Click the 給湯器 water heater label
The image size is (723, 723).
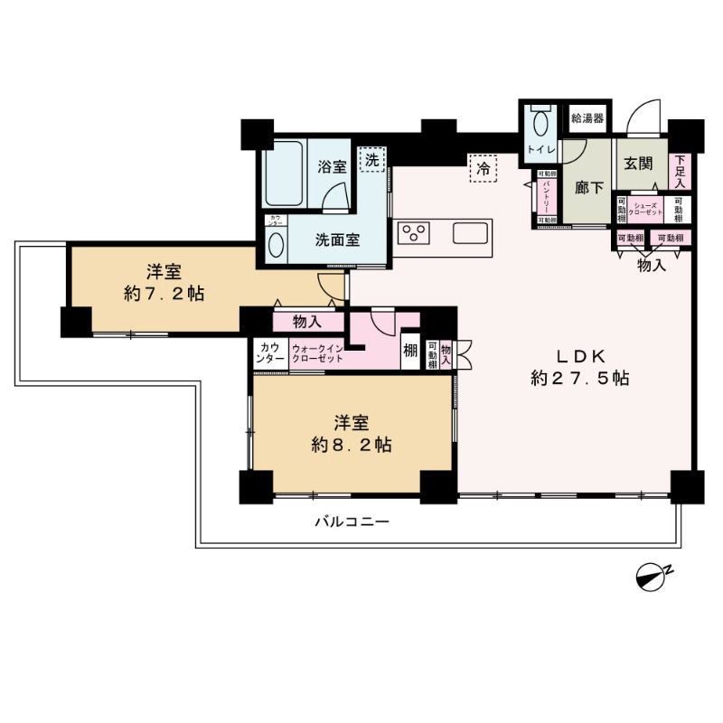(587, 118)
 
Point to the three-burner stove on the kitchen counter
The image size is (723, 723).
(416, 233)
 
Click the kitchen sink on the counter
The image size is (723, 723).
(472, 232)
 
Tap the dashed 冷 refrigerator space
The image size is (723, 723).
(484, 168)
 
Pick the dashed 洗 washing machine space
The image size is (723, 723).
(371, 159)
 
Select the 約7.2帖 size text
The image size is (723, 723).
(164, 294)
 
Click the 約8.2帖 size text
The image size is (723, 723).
(351, 445)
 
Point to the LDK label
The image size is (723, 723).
(578, 355)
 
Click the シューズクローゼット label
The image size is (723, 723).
(646, 209)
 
